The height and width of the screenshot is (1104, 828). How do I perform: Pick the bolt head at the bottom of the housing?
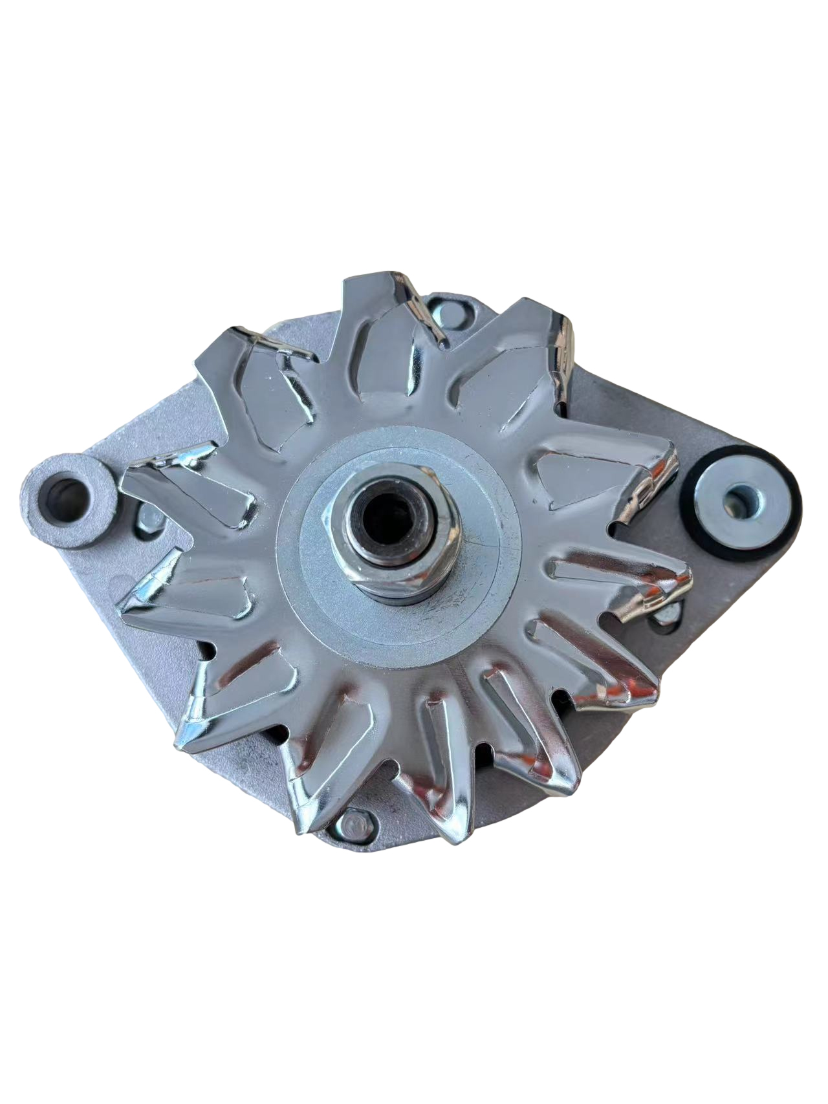(x=354, y=822)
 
